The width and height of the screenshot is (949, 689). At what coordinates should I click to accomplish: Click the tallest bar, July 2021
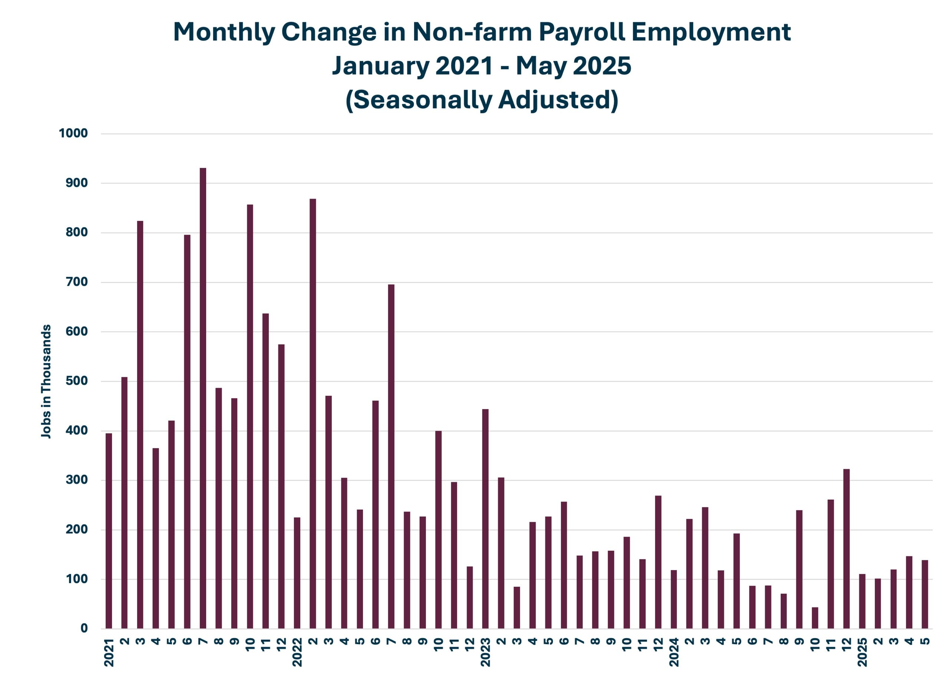(203, 397)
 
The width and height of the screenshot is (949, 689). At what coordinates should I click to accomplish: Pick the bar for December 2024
(846, 549)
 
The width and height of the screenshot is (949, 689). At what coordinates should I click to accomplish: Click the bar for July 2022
(391, 456)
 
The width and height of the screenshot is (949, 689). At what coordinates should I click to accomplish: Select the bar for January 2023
(485, 519)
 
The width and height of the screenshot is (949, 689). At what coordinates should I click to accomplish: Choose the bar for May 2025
(925, 594)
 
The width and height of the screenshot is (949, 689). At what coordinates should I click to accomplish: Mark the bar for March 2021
(140, 425)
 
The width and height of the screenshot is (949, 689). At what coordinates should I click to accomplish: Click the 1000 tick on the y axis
(73, 134)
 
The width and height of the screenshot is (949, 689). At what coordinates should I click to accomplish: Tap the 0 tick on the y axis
(84, 628)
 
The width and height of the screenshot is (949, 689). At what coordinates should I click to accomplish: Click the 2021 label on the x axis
(109, 653)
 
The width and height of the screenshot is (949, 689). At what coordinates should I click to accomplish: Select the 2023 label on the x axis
(485, 653)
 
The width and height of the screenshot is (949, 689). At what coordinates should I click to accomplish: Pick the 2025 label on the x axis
(862, 653)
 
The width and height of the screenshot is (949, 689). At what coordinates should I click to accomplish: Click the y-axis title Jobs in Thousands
(46, 381)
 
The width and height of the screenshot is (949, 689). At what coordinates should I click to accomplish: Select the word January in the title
(381, 66)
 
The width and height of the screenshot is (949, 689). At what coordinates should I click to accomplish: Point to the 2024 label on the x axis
(674, 653)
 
